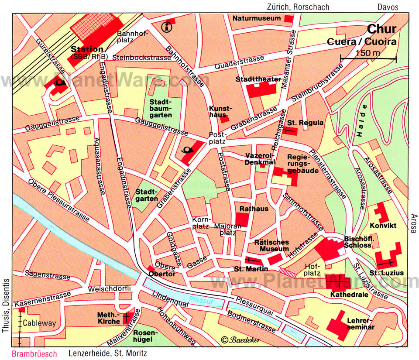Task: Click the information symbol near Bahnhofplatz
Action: (x=166, y=27)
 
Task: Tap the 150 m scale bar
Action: (x=368, y=58)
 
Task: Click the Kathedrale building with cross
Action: (x=338, y=282)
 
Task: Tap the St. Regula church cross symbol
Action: (x=289, y=130)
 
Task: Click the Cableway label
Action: (x=39, y=323)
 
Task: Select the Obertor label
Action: (x=161, y=274)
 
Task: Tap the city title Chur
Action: (x=381, y=29)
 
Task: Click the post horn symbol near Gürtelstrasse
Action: (x=58, y=82)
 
